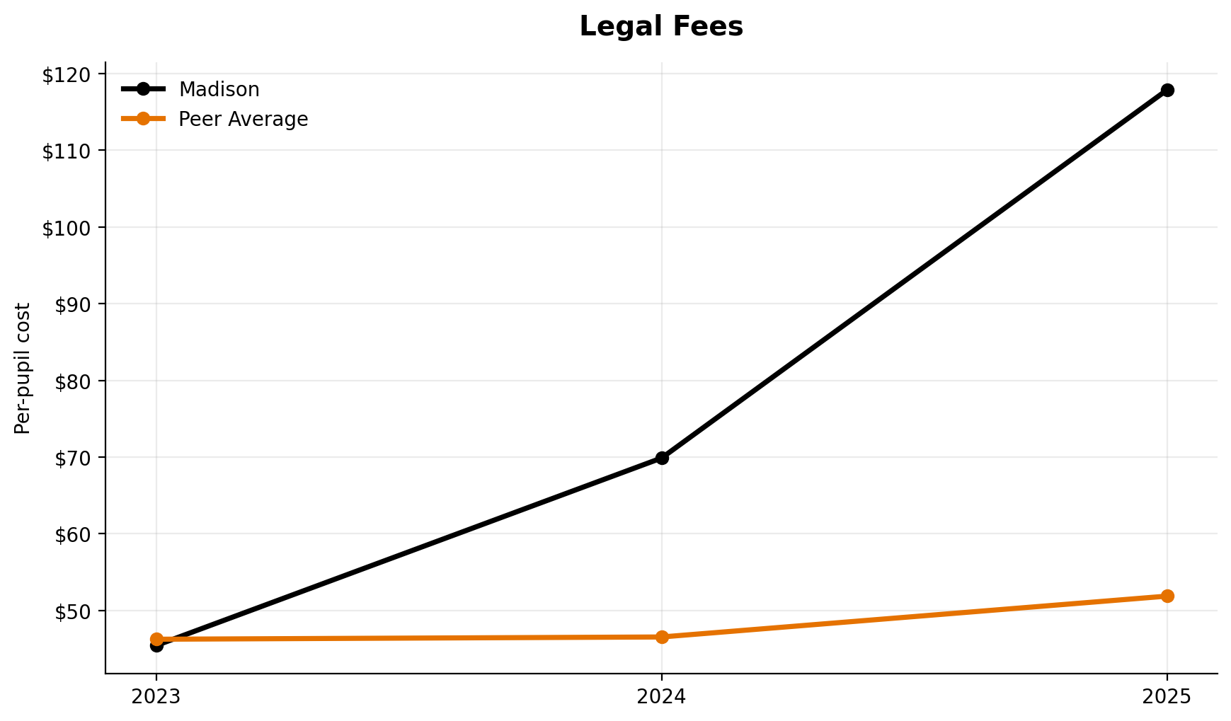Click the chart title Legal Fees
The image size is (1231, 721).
click(661, 27)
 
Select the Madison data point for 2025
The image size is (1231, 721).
click(1167, 90)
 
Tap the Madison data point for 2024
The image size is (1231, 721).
click(662, 458)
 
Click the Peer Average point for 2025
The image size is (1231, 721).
click(1167, 596)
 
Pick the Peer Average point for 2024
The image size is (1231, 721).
click(662, 637)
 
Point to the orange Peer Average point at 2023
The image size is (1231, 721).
click(156, 639)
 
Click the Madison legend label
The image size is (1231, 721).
click(219, 90)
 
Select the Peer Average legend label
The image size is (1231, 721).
click(243, 120)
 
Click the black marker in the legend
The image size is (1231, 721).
click(143, 89)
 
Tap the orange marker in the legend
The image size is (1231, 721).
click(143, 119)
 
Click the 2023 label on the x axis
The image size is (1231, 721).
click(156, 697)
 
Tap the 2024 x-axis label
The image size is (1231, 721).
click(662, 697)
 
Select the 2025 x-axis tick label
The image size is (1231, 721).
click(1167, 697)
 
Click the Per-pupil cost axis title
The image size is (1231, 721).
click(23, 368)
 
